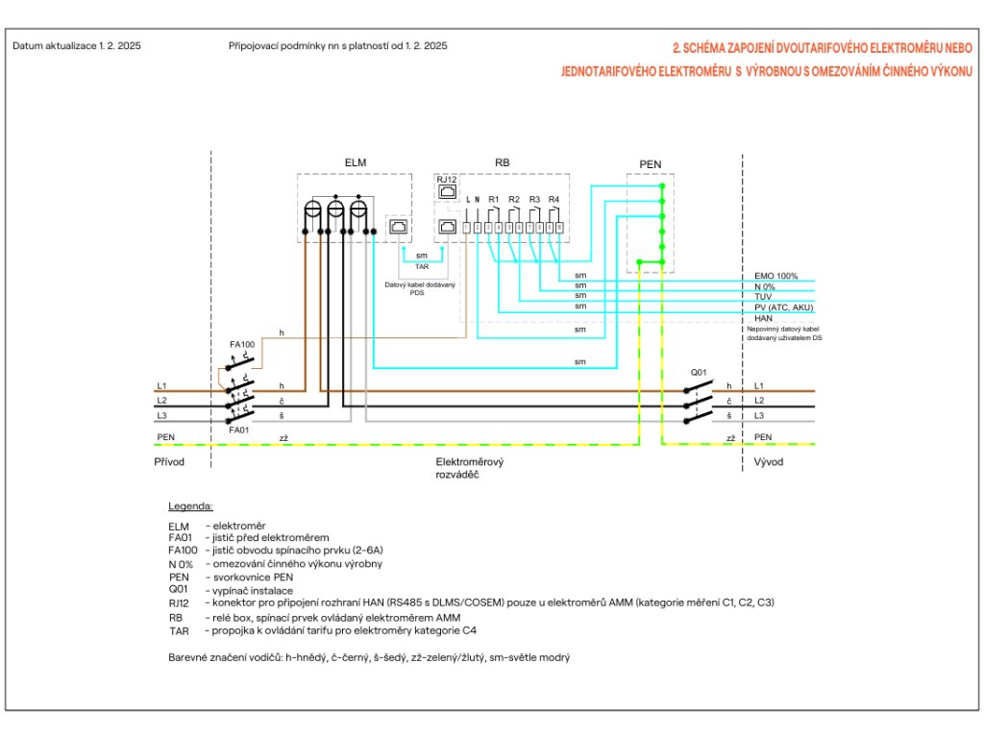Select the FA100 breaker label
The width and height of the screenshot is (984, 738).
tap(241, 343)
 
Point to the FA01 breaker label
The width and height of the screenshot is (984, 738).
tap(241, 430)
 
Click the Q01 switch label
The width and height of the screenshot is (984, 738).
tap(700, 371)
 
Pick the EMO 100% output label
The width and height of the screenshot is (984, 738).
tap(776, 276)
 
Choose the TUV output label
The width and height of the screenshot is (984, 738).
tap(764, 297)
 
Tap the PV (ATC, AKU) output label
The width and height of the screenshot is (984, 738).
tap(784, 307)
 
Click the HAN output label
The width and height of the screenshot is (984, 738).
tap(764, 318)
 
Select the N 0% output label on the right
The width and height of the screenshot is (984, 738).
tap(767, 286)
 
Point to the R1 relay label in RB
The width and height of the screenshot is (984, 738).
tap(493, 199)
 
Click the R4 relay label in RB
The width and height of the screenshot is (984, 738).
tap(553, 199)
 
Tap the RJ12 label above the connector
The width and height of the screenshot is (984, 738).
tap(447, 180)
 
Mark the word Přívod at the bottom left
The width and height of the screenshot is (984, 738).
tap(169, 462)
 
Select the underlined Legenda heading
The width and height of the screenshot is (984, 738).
tap(190, 505)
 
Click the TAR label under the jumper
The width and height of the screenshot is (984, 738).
tap(422, 265)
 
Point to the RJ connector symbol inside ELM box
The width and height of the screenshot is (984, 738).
tap(399, 228)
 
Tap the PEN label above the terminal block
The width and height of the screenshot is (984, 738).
tap(650, 164)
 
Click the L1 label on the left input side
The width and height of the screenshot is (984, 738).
tap(162, 385)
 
